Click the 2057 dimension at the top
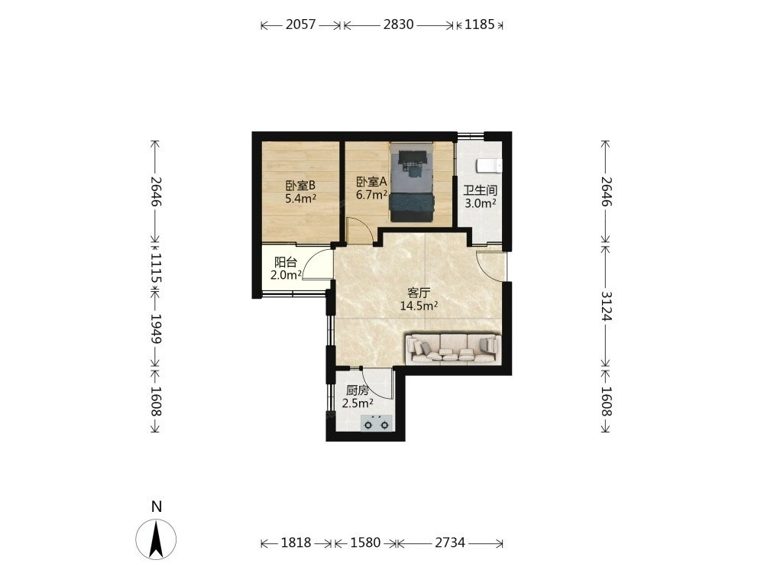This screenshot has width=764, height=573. click(x=300, y=24)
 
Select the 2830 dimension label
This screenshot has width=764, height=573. click(x=398, y=24)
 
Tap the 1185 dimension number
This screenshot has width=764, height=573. click(x=480, y=24)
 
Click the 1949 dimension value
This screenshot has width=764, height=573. click(x=156, y=329)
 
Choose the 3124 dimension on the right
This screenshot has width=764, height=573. click(x=606, y=306)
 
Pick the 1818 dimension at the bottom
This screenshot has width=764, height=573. click(x=296, y=542)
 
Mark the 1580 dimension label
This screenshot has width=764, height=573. click(x=365, y=542)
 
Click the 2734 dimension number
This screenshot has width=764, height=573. click(x=449, y=542)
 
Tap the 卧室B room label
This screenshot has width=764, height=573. click(x=300, y=186)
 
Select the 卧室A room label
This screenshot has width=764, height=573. click(x=372, y=183)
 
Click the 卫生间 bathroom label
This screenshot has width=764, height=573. click(x=480, y=190)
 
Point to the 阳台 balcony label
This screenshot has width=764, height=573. click(x=286, y=262)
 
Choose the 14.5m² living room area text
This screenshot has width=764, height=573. click(x=419, y=306)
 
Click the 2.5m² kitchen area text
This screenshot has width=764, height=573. click(x=358, y=403)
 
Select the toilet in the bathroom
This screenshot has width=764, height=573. click(x=489, y=166)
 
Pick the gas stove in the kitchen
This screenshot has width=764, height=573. click(x=376, y=423)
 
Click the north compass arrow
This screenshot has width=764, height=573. click(x=156, y=539)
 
